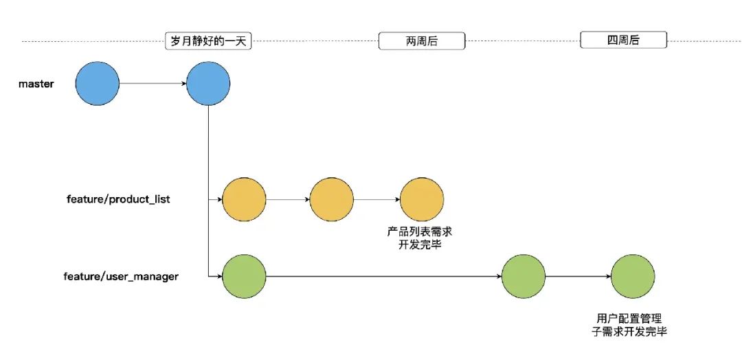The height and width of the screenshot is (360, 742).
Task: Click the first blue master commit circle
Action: pos(98,84)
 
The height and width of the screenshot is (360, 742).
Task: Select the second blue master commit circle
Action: pos(208,84)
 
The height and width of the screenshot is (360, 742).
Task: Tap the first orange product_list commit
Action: pos(244,200)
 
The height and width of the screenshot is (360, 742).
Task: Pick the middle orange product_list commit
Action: pos(332,200)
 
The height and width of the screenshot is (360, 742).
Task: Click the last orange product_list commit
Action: pos(423,200)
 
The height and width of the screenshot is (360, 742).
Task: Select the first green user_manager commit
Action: pos(244,277)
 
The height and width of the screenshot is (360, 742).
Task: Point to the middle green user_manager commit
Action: pos(524,277)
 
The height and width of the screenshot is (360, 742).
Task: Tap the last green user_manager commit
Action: pos(633,277)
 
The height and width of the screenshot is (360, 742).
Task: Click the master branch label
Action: pos(36,84)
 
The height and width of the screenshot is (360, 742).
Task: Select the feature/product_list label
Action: pos(116,200)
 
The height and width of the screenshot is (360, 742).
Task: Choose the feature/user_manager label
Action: pos(121,277)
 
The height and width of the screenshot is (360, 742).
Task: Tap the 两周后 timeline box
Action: pos(422,41)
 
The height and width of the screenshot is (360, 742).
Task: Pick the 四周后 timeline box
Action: pos(623,41)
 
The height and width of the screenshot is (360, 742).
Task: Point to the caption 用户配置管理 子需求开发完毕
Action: pos(629,324)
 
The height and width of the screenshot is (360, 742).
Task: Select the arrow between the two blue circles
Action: pos(153,84)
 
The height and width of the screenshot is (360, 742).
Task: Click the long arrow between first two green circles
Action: pos(383,277)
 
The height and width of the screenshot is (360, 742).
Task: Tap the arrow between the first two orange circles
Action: pos(288,200)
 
